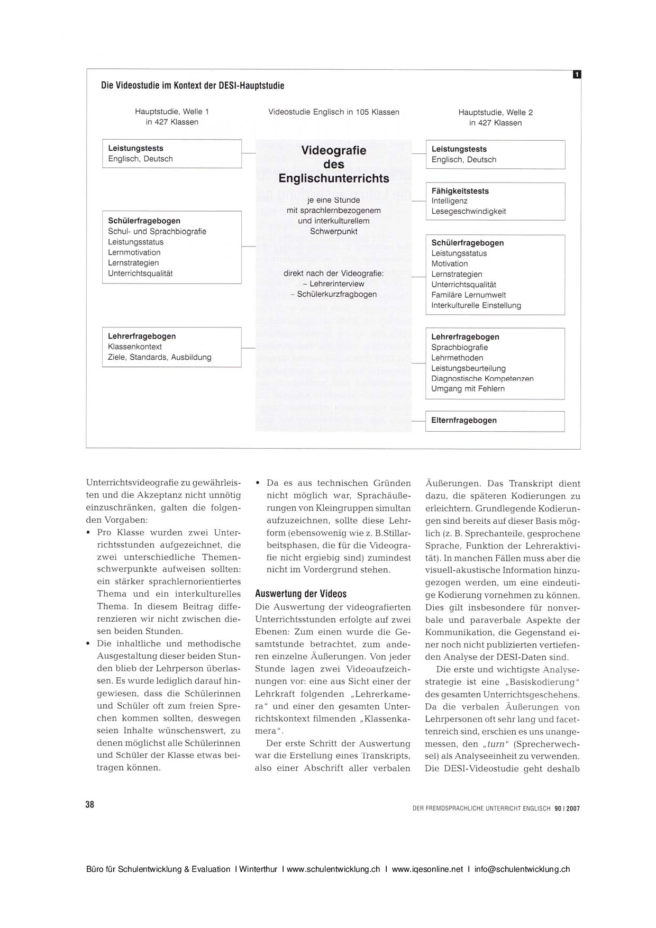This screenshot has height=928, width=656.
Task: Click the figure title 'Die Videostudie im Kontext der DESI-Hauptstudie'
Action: point(193,86)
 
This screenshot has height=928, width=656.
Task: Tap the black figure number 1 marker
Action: point(577,75)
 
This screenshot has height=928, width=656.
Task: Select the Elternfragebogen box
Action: point(495,421)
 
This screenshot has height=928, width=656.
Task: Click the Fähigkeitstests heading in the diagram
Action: point(460,191)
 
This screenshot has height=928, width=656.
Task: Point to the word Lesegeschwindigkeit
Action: point(468,212)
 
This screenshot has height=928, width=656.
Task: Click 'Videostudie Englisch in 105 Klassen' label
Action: point(333,112)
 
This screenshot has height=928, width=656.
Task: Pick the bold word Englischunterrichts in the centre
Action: point(333,178)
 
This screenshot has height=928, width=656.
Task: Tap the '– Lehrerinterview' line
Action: point(337,284)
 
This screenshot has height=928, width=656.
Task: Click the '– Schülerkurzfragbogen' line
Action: point(334,294)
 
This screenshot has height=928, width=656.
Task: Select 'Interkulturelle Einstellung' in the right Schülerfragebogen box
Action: point(476,305)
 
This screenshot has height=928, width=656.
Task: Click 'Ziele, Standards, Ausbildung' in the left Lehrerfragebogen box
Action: point(159,357)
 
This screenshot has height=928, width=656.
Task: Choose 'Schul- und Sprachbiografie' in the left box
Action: point(157,232)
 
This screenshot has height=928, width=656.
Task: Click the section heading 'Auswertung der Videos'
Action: point(300,594)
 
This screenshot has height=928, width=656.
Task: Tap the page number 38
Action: point(89,804)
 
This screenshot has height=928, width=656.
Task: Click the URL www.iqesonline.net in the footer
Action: point(427,869)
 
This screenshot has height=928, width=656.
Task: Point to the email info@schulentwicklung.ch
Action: point(522,869)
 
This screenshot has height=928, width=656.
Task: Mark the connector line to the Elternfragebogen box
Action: point(418,421)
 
